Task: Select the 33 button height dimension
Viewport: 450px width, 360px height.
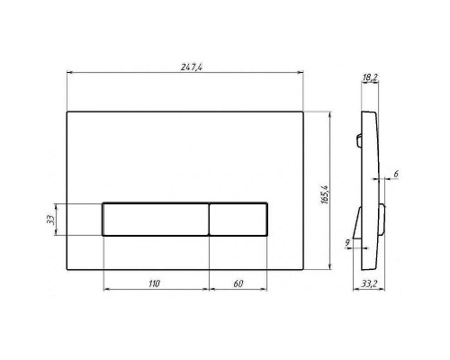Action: tap(52, 218)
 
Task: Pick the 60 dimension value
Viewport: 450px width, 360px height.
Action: tap(238, 283)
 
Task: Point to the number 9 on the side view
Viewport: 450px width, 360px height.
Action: tap(348, 240)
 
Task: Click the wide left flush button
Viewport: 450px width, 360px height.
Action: tap(157, 219)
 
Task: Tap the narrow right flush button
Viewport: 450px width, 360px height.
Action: tap(239, 219)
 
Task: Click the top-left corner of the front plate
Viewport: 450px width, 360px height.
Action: tap(68, 112)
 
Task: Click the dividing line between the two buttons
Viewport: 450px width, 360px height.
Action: tap(210, 219)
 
